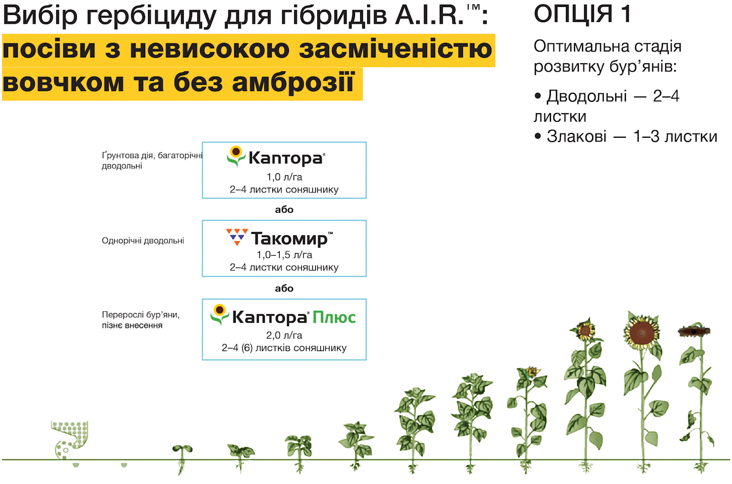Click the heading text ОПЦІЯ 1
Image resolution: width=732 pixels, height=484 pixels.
point(582,14)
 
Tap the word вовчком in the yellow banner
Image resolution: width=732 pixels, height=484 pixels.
point(63,83)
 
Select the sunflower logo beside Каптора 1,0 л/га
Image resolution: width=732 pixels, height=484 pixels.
point(236,156)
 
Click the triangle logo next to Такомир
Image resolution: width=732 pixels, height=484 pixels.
point(237,237)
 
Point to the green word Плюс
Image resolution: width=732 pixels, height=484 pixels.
point(334,317)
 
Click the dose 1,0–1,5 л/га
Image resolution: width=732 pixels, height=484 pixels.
point(285,255)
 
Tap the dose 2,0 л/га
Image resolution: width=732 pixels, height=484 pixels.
point(285,336)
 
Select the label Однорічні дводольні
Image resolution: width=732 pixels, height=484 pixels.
point(143,241)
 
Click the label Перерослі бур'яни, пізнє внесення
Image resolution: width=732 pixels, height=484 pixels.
point(141,320)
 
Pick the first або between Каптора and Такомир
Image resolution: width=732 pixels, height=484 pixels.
point(285,210)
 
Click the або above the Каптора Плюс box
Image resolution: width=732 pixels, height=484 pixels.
point(285,288)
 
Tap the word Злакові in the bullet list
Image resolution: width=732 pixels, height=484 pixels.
point(577,136)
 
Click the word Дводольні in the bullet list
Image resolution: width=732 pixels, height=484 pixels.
point(587,96)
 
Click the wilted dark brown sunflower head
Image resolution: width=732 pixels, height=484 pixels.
point(694,331)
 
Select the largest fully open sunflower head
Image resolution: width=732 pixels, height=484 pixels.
point(641,332)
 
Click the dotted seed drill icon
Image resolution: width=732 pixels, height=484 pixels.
point(70,440)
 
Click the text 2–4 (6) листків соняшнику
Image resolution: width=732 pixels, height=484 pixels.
point(285,348)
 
